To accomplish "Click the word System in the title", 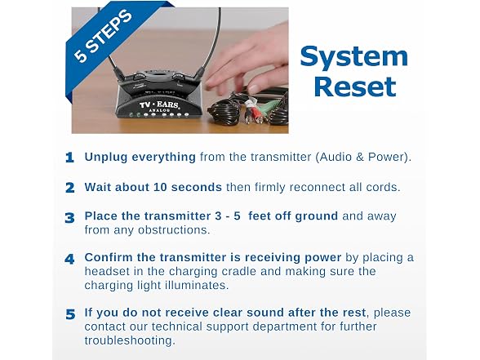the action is click(x=354, y=56).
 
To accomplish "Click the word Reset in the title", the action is click(x=355, y=87).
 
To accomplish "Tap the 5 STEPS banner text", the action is click(x=104, y=36).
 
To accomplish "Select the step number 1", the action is click(x=70, y=158).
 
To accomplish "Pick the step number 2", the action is click(x=70, y=188).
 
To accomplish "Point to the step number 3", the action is click(x=70, y=218).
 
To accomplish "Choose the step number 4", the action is click(x=69, y=259).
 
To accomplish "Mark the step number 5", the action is click(x=70, y=314).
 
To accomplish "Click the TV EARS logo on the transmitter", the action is click(x=159, y=104).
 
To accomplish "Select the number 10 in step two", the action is click(x=160, y=187).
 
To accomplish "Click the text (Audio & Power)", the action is click(x=363, y=157).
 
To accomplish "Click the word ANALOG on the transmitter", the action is click(x=159, y=110).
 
